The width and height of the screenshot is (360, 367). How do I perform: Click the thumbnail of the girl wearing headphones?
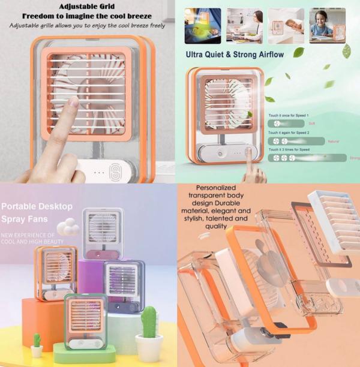click(x=328, y=26)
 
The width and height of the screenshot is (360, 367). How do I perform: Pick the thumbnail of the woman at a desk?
click(x=245, y=26)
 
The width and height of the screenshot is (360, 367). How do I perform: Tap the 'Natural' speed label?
click(x=335, y=142)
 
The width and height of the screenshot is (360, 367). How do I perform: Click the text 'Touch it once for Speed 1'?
click(x=290, y=115)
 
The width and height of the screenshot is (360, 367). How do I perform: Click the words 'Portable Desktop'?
click(x=37, y=206)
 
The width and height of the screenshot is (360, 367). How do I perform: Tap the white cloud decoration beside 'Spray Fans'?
click(x=68, y=227)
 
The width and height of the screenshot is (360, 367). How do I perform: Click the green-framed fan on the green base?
click(x=86, y=321)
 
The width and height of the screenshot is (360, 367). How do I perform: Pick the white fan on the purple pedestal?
click(x=103, y=234)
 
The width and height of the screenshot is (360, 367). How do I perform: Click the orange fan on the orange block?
click(x=55, y=273)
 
